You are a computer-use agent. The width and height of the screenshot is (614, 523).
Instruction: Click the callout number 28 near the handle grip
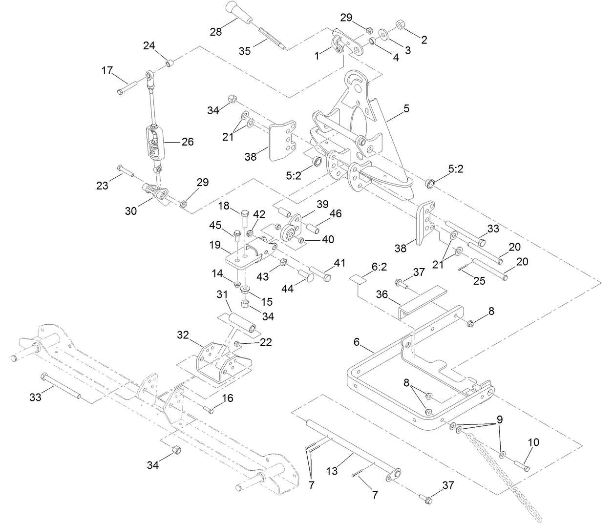[x=215, y=32]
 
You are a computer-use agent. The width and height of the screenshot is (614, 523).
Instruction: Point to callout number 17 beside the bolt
[x=107, y=70]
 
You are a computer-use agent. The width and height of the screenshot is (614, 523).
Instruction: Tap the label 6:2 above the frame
[x=379, y=267]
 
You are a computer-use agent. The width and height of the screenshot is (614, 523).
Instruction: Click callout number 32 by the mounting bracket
[x=183, y=335]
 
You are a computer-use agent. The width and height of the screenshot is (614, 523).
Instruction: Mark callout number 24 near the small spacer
[x=148, y=46]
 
